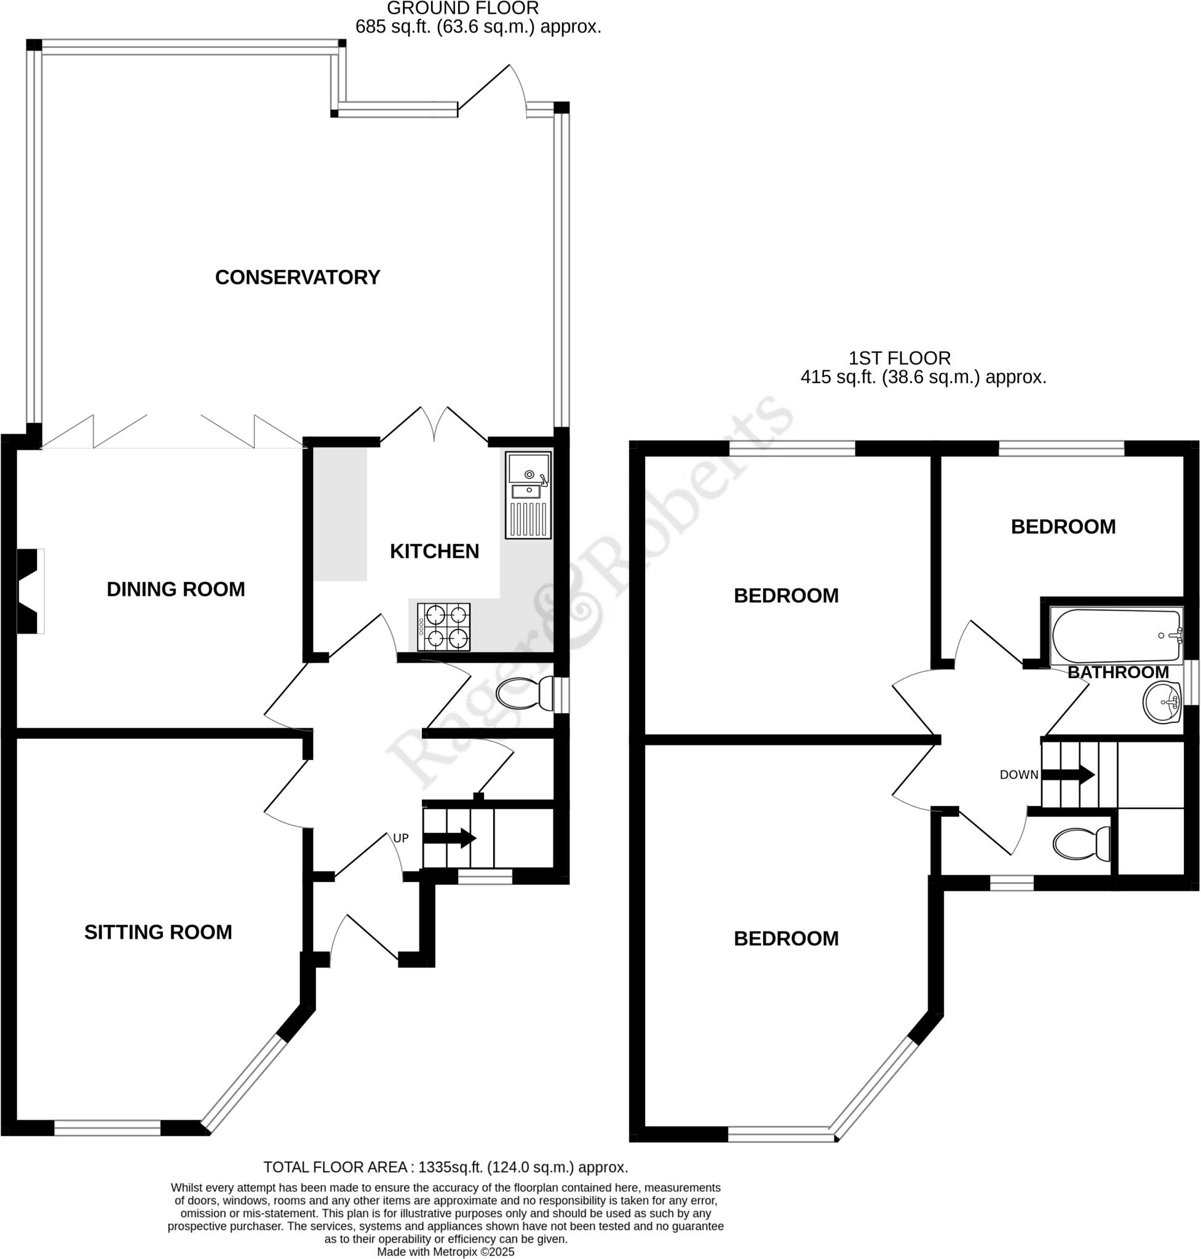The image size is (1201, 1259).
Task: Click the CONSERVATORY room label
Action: click(297, 277)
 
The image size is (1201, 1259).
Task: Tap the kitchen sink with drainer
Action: click(528, 495)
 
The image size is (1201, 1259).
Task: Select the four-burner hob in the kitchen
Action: click(443, 626)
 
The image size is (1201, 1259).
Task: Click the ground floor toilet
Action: click(525, 694)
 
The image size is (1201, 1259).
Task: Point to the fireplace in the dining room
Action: click(30, 591)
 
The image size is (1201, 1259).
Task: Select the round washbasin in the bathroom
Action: click(1162, 703)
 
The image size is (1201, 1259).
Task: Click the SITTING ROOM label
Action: click(158, 932)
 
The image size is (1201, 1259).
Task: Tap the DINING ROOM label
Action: click(175, 589)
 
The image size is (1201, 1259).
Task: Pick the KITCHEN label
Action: click(434, 551)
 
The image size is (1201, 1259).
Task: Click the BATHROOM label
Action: click(1118, 672)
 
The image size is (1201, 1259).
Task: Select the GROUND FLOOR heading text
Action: click(462, 9)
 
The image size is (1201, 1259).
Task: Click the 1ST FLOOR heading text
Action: click(900, 358)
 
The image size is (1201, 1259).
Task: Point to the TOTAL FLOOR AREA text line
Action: click(446, 1167)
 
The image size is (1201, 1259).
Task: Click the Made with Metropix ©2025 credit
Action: click(446, 1252)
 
